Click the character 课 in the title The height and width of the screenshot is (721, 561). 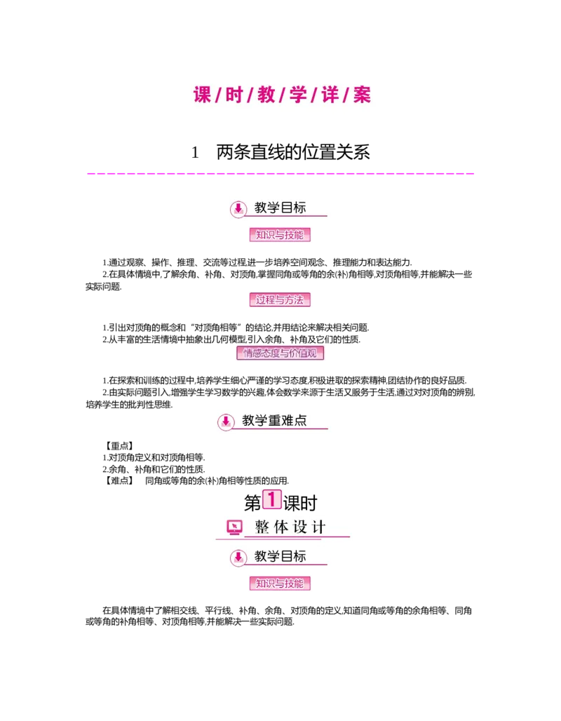(203, 95)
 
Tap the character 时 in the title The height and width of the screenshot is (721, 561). (234, 95)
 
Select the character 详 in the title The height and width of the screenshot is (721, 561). (330, 95)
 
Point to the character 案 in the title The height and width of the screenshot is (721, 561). (362, 95)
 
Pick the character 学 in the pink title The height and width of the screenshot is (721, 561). (298, 95)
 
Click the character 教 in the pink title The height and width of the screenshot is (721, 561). (266, 95)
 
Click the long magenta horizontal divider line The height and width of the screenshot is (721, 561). (280, 173)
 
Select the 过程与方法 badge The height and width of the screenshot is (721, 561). (280, 299)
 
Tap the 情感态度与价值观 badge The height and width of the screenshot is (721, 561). (282, 353)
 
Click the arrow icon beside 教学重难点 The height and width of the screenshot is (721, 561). (225, 422)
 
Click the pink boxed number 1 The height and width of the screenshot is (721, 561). (271, 499)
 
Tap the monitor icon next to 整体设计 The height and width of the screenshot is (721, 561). (234, 527)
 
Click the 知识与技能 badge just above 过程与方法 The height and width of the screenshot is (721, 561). (280, 235)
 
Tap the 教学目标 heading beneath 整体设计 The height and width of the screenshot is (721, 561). (280, 557)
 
